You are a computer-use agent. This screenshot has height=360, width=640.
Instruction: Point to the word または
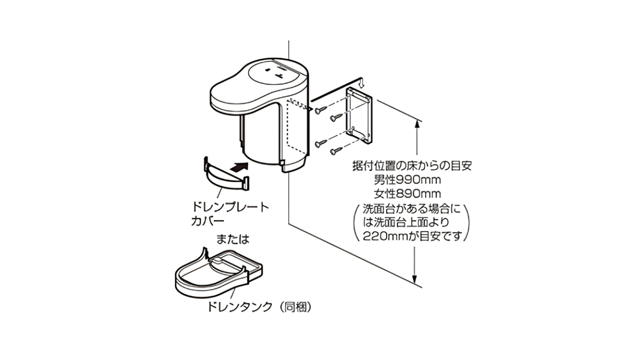233,239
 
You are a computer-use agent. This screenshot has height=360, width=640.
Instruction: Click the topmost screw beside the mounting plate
321,109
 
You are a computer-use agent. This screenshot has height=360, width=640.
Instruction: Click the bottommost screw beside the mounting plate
336,151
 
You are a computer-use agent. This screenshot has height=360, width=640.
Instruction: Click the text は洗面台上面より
411,222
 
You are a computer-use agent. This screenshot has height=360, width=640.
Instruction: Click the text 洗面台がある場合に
411,209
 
